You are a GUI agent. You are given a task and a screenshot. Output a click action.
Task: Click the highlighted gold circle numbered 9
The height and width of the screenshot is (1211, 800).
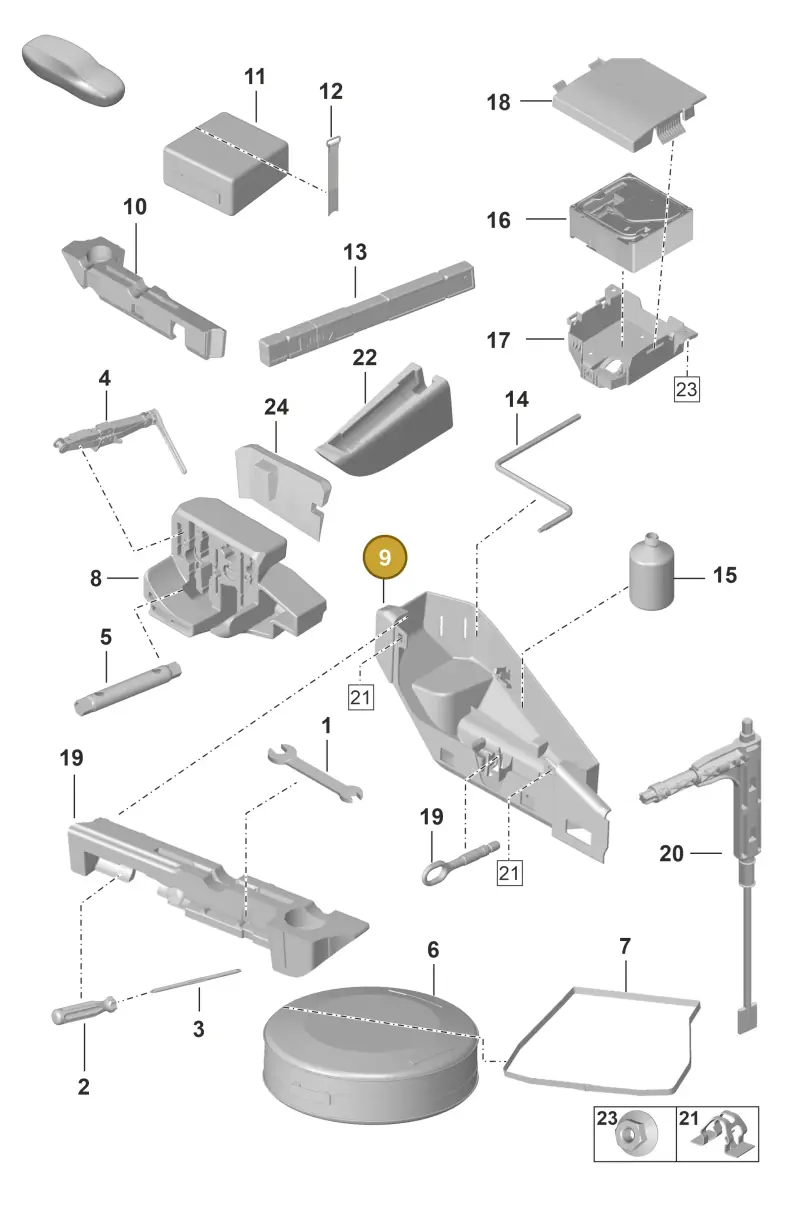pos(385,557)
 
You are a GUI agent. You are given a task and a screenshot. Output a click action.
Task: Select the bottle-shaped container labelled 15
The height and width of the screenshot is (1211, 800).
pos(651,573)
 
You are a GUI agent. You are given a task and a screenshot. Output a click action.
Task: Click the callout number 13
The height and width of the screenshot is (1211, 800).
pos(355,252)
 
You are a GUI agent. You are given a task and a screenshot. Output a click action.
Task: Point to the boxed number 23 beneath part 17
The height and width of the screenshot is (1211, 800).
pos(686,389)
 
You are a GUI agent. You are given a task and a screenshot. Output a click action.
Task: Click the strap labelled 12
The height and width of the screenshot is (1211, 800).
pos(332,176)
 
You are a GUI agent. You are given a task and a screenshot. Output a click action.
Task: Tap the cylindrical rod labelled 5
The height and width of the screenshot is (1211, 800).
pos(128,688)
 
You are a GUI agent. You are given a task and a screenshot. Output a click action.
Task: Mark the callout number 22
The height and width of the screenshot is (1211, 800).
pos(364,357)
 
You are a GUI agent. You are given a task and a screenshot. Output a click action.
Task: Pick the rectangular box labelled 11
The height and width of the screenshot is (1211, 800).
pos(225,162)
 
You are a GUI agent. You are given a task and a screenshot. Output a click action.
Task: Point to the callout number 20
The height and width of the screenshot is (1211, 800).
pos(671,854)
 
